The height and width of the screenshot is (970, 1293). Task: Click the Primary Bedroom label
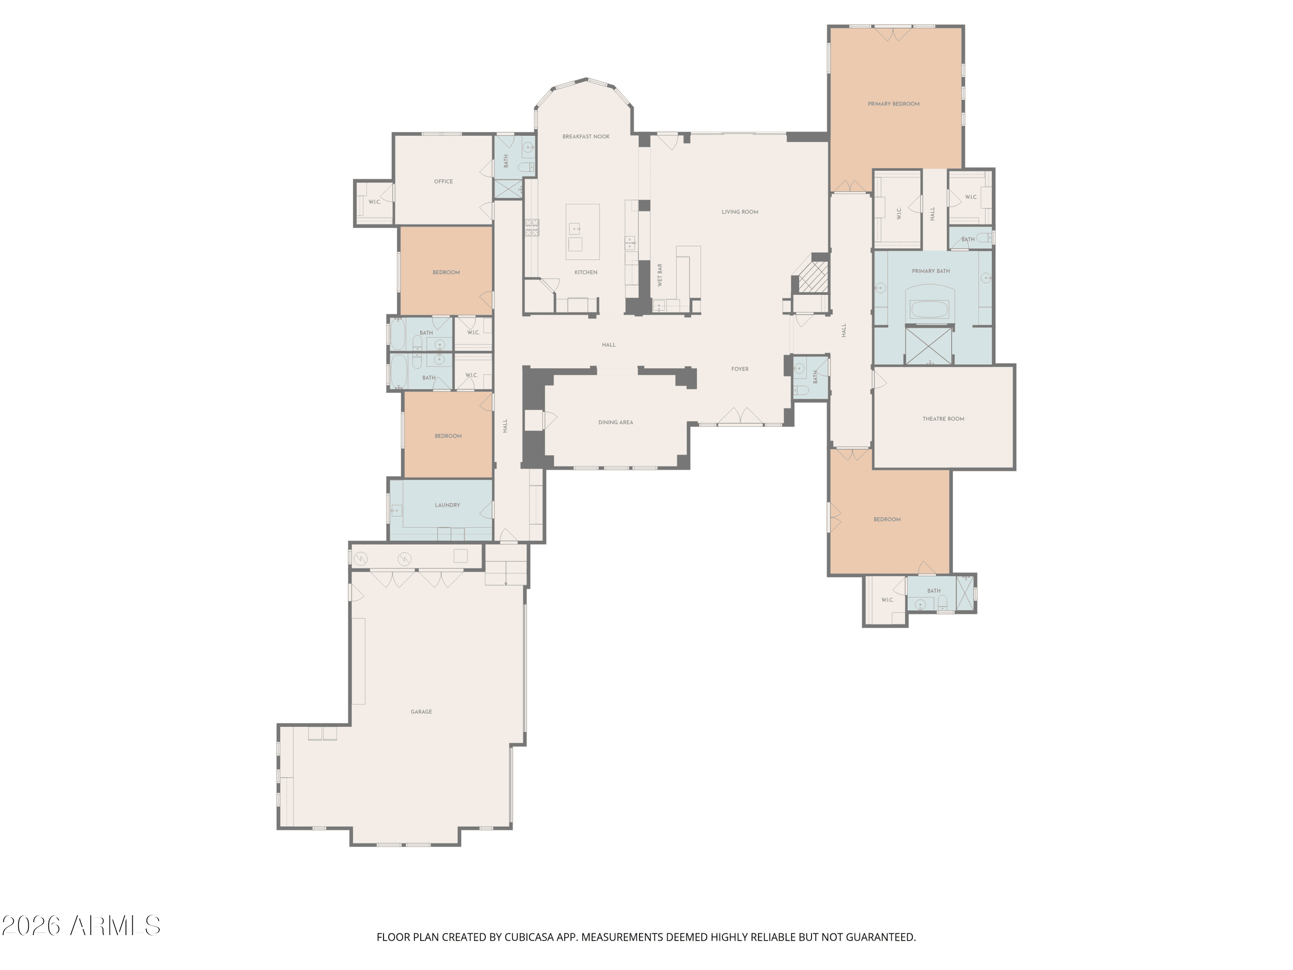pyautogui.click(x=893, y=104)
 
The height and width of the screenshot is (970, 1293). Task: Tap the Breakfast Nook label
pyautogui.click(x=586, y=137)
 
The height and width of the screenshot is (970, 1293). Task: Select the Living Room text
pyautogui.click(x=740, y=212)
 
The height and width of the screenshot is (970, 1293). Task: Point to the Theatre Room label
pyautogui.click(x=943, y=419)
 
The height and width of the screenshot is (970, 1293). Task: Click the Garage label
pyautogui.click(x=421, y=712)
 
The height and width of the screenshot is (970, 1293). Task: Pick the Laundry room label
pyautogui.click(x=447, y=505)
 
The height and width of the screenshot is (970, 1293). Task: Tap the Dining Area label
pyautogui.click(x=615, y=423)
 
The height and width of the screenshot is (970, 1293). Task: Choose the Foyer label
pyautogui.click(x=740, y=369)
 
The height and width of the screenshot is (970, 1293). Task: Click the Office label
pyautogui.click(x=443, y=182)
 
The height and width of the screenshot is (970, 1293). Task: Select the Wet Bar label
pyautogui.click(x=660, y=275)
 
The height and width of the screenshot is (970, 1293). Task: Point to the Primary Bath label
pyautogui.click(x=931, y=271)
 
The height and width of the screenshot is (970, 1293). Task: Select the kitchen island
pyautogui.click(x=582, y=232)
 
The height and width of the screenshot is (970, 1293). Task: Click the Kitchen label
pyautogui.click(x=586, y=272)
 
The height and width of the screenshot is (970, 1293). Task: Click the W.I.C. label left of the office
pyautogui.click(x=374, y=202)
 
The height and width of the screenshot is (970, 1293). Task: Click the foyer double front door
pyautogui.click(x=740, y=416)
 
